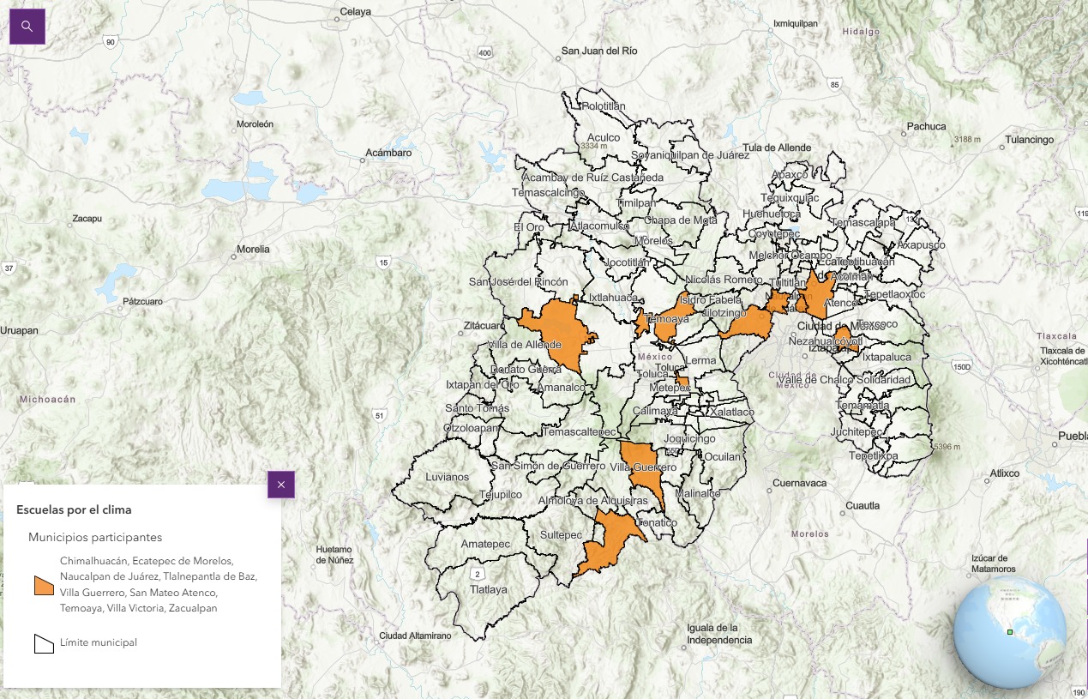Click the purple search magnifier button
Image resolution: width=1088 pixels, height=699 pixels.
point(27,27)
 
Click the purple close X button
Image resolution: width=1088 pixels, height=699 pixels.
point(281,485)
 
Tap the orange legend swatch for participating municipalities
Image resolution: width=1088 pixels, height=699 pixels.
point(44,585)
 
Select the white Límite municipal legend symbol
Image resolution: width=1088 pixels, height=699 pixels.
point(44,643)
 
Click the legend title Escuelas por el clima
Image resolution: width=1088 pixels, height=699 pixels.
point(74,509)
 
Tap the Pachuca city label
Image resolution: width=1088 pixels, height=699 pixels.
point(926,126)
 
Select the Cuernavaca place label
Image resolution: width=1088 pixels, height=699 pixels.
point(799,483)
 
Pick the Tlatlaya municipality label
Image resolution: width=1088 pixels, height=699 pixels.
point(488,589)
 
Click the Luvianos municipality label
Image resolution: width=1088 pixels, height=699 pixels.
point(448,476)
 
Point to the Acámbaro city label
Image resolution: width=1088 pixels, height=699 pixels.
point(388,153)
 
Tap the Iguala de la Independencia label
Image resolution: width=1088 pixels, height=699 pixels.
point(719,634)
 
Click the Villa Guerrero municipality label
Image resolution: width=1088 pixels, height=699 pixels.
point(643,467)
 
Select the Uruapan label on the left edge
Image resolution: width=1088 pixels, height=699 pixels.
point(19,330)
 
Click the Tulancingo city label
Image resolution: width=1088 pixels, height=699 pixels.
point(1029,139)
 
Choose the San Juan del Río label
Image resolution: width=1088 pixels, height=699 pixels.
point(599,51)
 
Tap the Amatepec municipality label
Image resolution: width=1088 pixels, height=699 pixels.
point(485,544)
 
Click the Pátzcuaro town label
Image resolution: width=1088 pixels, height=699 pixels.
point(142,301)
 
